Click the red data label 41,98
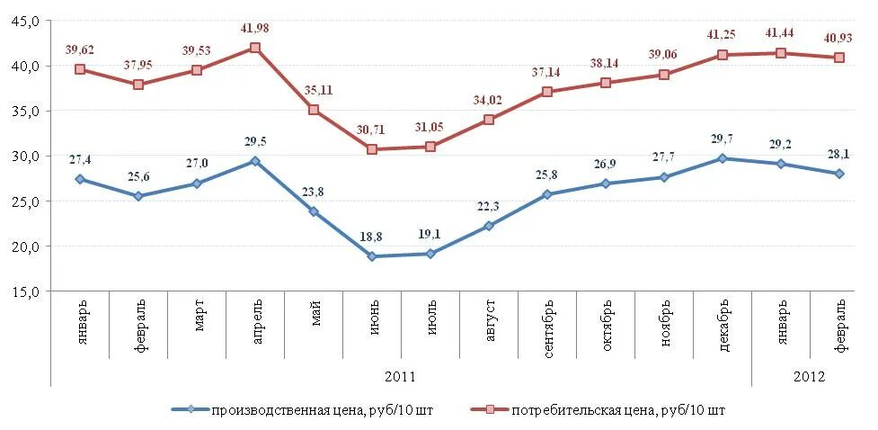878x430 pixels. pos(255,29)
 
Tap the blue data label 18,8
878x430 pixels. pos(372,237)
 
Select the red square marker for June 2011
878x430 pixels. pos(372,149)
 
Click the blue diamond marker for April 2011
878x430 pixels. pos(255,161)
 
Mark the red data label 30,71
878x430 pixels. pos(372,130)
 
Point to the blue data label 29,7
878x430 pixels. pos(723,139)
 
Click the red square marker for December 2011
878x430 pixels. pos(723,55)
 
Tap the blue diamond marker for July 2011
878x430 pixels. pos(430,254)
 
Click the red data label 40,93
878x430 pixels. pos(839,38)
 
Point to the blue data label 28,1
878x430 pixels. pos(839,155)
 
